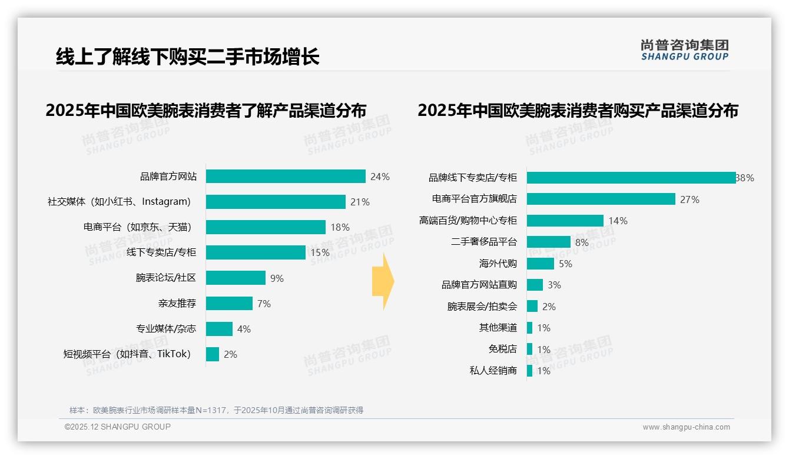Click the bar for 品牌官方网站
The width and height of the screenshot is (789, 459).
pos(286,177)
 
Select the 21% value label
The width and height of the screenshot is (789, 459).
pos(360,202)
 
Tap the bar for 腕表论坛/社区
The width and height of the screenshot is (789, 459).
pos(236,278)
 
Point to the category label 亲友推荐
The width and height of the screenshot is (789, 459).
pos(177,304)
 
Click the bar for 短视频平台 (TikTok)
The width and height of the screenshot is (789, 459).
pos(213,354)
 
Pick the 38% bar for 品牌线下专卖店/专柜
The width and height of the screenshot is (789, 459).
pos(631,178)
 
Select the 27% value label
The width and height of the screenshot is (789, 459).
pos(689,199)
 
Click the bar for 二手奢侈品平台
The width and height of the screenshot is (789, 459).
pos(548,242)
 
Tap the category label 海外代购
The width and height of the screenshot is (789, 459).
pos(498,264)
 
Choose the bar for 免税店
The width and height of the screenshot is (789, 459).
pos(530,349)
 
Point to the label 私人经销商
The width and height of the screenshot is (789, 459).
pos(493,371)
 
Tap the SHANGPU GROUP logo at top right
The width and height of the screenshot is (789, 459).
pos(685,49)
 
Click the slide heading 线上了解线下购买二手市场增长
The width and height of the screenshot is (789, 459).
pos(187,56)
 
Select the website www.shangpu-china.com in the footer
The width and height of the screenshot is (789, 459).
pos(686,427)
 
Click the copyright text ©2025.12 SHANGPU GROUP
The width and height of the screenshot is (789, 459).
pos(118,427)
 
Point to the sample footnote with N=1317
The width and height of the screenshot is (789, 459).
pos(216,410)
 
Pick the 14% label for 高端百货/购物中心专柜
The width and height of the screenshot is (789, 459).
pos(618,221)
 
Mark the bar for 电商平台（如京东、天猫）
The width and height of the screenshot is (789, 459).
pos(266,227)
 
